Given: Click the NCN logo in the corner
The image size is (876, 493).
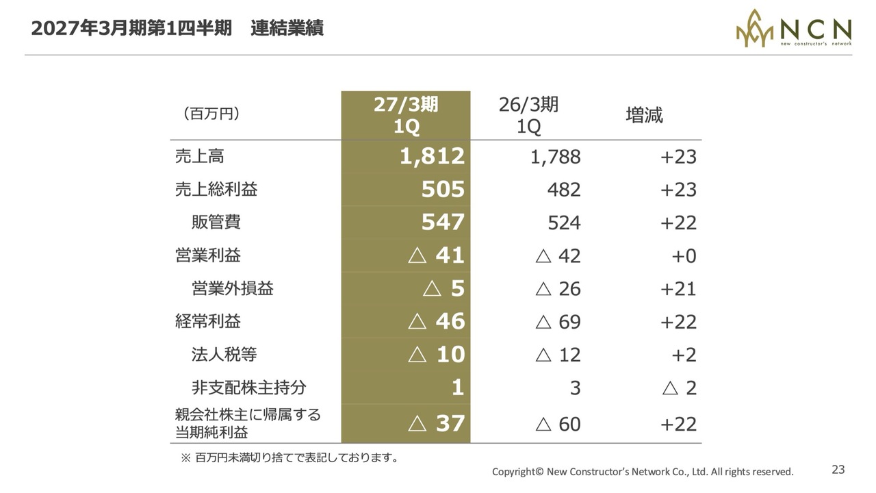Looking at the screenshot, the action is pos(793,28).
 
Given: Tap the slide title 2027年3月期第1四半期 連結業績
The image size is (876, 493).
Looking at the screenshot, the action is pos(177,28).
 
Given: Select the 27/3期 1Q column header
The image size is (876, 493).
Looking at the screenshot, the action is pos(406,116).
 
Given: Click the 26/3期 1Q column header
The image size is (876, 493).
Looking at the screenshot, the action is pos(529,116).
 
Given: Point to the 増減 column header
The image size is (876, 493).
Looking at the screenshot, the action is pos(644,115).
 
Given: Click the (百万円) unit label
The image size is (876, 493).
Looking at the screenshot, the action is pos(211,114).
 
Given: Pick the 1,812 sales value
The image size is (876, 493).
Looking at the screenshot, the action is pos(432,156).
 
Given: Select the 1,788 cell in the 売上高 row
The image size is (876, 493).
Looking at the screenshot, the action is pos(555,157).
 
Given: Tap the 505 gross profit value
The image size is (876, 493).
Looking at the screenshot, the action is pos(443,190).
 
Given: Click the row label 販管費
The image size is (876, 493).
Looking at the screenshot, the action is pos(216,223).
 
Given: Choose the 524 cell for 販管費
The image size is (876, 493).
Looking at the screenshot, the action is pos(564,223).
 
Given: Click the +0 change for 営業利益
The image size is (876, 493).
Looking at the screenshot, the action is pos(684,256).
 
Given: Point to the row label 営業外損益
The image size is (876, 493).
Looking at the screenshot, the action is pos(232,288).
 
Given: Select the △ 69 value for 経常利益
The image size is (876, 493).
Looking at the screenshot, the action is pos(558,322).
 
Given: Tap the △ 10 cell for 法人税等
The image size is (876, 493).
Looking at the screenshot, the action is pos(437,355).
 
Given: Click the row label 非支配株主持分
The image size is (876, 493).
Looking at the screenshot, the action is pos(248,388).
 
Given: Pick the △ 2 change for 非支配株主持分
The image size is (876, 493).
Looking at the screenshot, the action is pos(680,388).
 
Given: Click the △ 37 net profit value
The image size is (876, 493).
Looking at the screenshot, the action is pos(437,423).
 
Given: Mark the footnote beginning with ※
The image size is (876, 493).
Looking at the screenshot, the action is pos(289,457).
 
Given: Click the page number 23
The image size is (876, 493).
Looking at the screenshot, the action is pos(838,470).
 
